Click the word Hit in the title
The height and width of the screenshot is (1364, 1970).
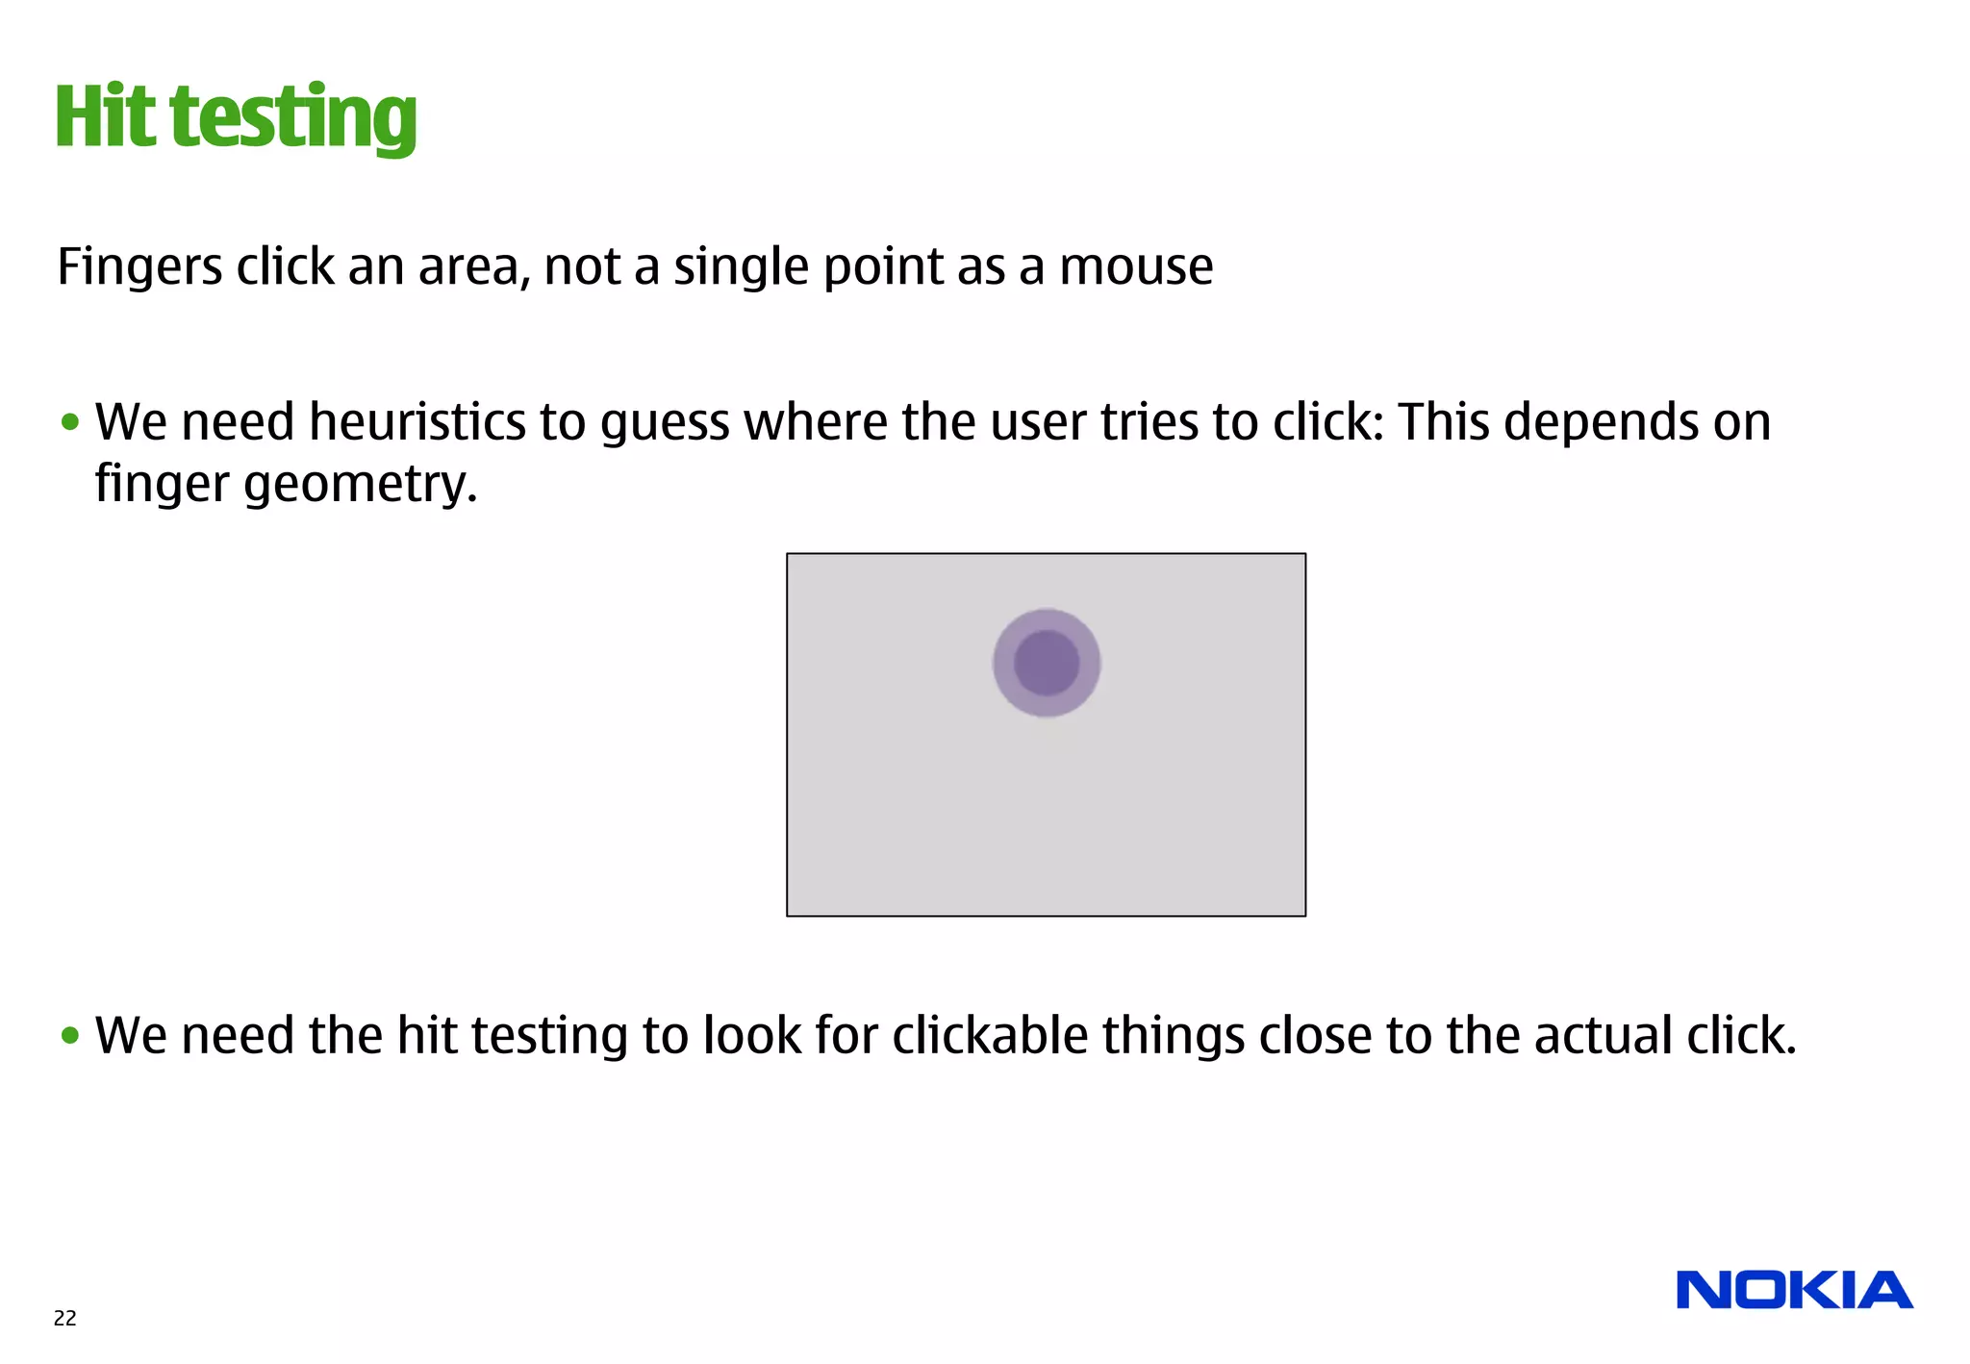105,117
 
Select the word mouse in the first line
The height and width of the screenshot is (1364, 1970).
1136,266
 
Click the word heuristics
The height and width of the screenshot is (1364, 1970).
417,423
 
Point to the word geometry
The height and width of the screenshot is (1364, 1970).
360,485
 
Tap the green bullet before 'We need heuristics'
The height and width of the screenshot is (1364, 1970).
69,422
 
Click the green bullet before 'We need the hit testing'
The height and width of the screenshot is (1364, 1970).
69,1036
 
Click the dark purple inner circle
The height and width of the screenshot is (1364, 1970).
1047,663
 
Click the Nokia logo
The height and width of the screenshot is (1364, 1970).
1794,1290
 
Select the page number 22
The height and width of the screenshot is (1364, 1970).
64,1318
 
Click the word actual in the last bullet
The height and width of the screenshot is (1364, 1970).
1604,1036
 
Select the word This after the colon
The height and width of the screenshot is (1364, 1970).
1443,422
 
